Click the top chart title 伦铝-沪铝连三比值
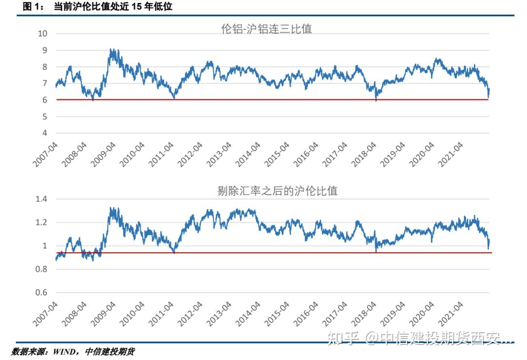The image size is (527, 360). [x=266, y=29]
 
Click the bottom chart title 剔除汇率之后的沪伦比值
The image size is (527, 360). [x=277, y=191]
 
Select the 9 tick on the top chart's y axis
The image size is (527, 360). [x=44, y=50]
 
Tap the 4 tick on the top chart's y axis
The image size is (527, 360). [x=44, y=133]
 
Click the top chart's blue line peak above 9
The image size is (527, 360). [x=112, y=49]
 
